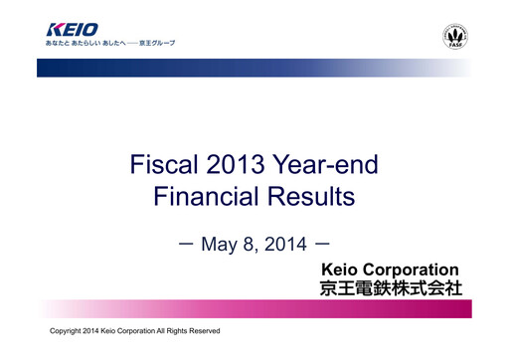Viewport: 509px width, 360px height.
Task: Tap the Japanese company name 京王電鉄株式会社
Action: click(x=389, y=290)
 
